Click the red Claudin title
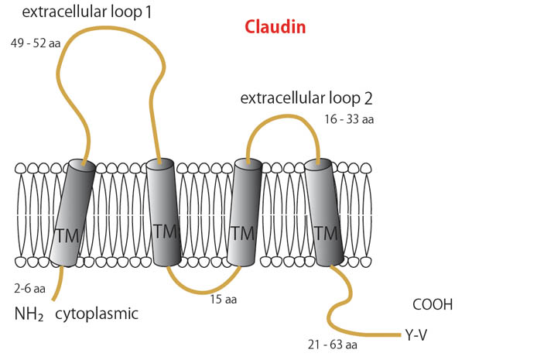275,27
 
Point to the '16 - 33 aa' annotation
349,119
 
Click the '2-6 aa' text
29,289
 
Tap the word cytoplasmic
97,314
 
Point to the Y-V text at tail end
416,335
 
